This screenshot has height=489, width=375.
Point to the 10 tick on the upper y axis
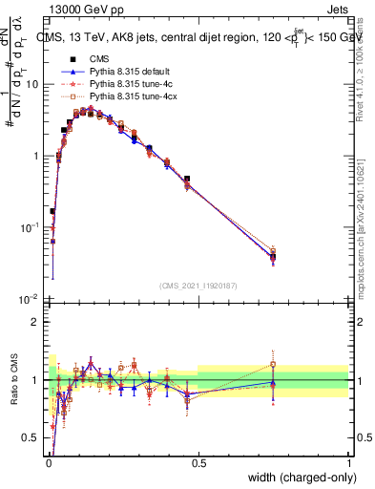pos(32,84)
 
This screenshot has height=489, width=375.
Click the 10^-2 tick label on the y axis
pos(31,299)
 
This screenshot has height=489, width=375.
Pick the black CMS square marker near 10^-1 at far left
pos(52,211)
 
